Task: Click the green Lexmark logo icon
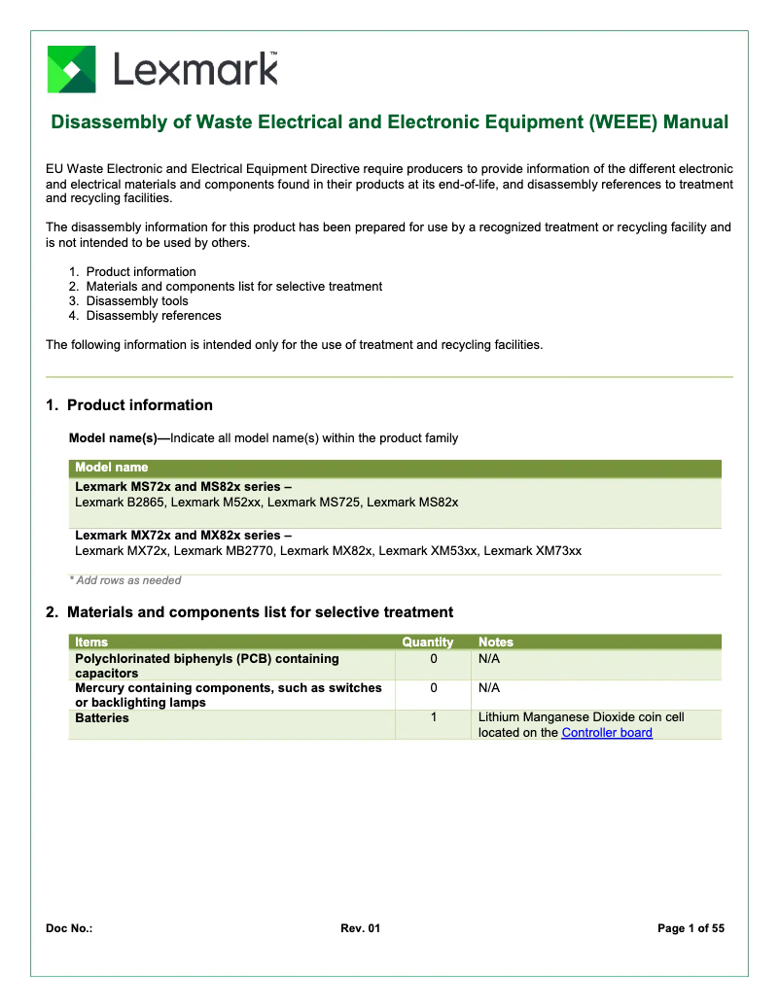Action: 71,69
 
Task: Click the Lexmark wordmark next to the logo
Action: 195,69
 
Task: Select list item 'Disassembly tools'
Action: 137,301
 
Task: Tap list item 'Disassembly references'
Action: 154,316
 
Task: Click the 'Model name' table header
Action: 112,468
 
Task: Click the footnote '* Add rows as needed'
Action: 125,580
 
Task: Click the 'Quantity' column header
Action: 428,643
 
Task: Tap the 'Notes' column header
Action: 496,643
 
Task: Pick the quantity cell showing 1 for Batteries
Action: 434,717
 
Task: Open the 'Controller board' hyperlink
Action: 607,733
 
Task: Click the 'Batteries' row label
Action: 102,718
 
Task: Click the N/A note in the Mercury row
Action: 489,688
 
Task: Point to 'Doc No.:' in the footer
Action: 69,928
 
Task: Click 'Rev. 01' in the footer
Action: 360,928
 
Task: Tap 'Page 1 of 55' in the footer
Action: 691,928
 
